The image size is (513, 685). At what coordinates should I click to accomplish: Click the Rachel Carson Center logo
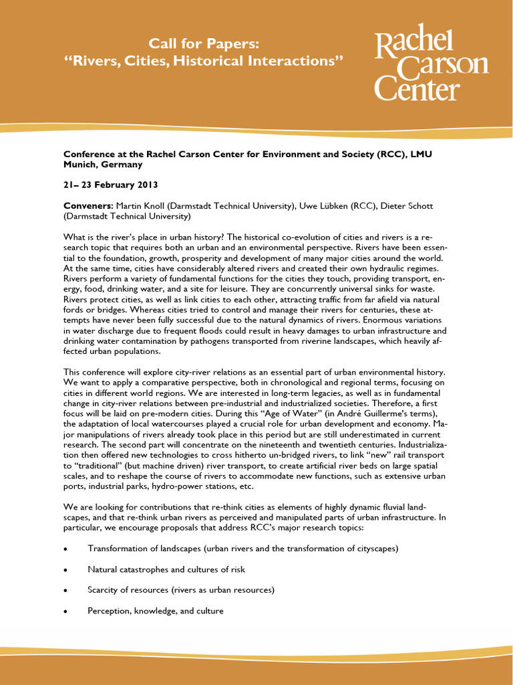click(x=431, y=66)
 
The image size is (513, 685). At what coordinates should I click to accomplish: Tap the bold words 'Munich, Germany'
click(x=103, y=164)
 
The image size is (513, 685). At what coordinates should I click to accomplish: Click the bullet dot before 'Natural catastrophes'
click(x=65, y=570)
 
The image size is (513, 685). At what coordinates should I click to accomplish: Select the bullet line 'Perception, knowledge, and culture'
click(x=155, y=611)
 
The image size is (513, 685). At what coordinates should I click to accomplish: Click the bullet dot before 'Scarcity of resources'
click(x=65, y=591)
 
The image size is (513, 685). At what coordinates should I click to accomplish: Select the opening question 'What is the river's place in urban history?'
click(x=158, y=237)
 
